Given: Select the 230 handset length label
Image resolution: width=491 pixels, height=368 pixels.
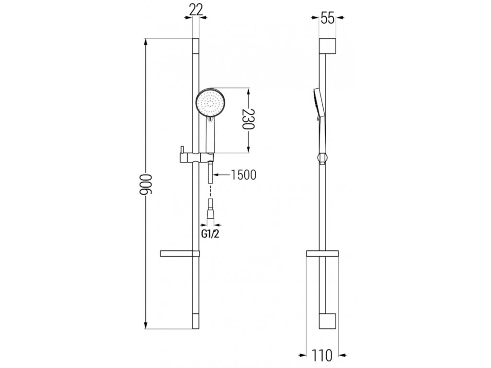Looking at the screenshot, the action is pyautogui.click(x=248, y=119).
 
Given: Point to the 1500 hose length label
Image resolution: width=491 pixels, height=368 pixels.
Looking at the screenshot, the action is pyautogui.click(x=243, y=175).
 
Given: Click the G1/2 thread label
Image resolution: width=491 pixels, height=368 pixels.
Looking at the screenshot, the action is pyautogui.click(x=210, y=234).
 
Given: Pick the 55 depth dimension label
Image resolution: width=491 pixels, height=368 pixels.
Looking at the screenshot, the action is pyautogui.click(x=327, y=19).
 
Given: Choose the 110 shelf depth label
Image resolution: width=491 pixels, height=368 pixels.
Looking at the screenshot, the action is pyautogui.click(x=322, y=356).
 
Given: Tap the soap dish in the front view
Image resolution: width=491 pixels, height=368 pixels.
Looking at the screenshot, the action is pyautogui.click(x=179, y=253).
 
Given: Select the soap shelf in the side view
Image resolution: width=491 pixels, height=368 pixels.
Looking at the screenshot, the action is pyautogui.click(x=322, y=254).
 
